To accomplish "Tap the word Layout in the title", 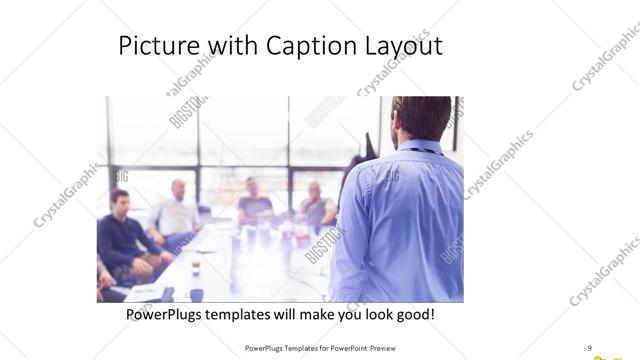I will [x=405, y=46].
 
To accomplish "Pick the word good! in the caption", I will [x=413, y=314].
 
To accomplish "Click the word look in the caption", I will [x=367, y=314].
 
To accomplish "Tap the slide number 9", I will [x=589, y=347].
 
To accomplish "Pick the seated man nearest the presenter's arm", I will [x=316, y=204].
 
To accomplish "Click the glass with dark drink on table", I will [x=195, y=267].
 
